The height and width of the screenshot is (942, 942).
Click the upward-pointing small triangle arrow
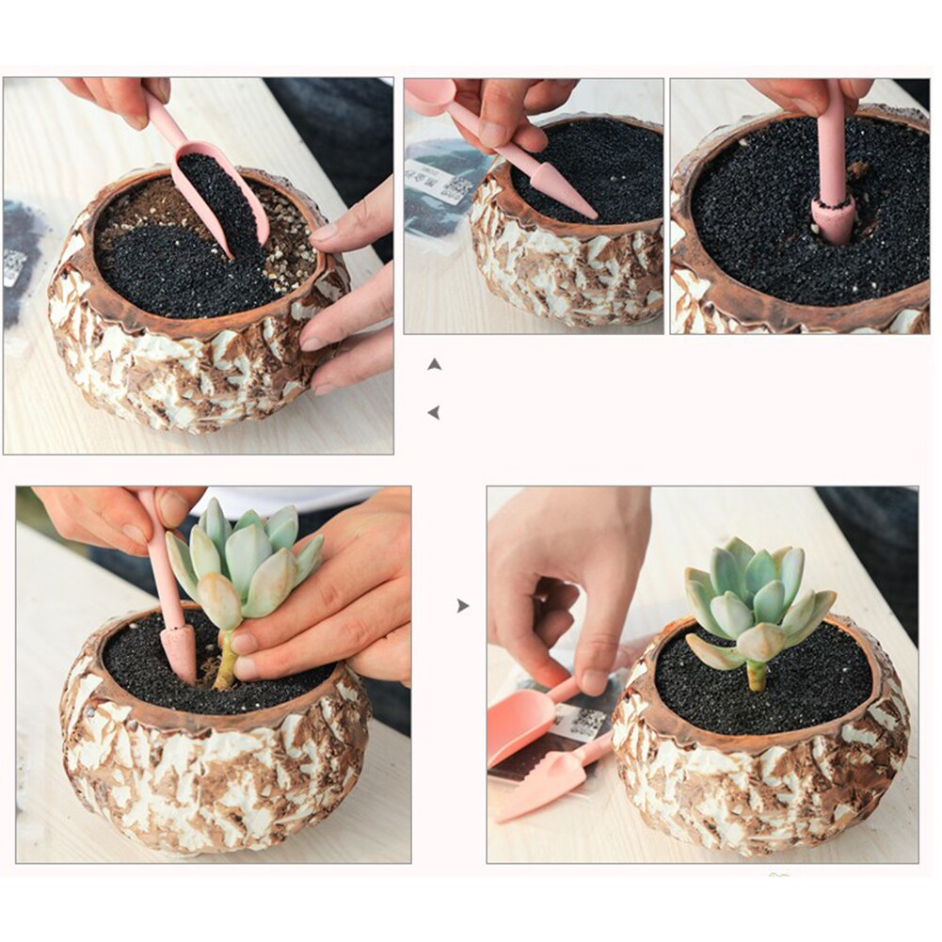pyautogui.click(x=434, y=364)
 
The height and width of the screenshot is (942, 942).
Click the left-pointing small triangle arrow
pyautogui.click(x=433, y=412)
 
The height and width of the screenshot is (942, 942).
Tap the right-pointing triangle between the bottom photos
pyautogui.click(x=462, y=606)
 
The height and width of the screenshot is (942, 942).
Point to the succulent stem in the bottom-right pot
pyautogui.click(x=757, y=675)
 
